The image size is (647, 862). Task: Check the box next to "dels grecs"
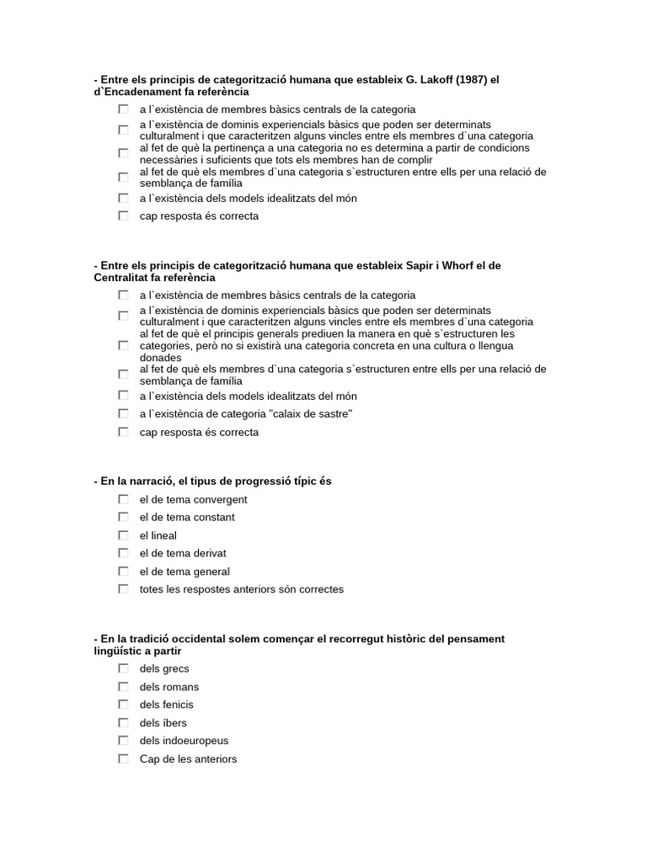pyautogui.click(x=123, y=668)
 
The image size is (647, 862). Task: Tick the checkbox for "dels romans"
pyautogui.click(x=123, y=687)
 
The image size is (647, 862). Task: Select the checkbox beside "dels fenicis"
pyautogui.click(x=123, y=705)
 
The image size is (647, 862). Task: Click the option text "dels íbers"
pyautogui.click(x=163, y=723)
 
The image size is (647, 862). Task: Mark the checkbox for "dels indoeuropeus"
pyautogui.click(x=123, y=741)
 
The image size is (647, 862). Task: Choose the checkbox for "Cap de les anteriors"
pyautogui.click(x=123, y=759)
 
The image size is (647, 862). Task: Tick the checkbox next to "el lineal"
pyautogui.click(x=123, y=535)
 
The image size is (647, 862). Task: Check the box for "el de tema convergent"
pyautogui.click(x=123, y=499)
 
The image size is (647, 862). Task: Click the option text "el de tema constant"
pyautogui.click(x=187, y=518)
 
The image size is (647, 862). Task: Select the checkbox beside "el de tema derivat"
pyautogui.click(x=123, y=553)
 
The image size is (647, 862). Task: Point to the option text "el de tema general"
pyautogui.click(x=184, y=572)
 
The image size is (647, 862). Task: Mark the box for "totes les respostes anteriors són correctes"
pyautogui.click(x=123, y=589)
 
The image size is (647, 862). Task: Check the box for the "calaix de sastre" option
pyautogui.click(x=123, y=414)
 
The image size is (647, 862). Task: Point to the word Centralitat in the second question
pyautogui.click(x=122, y=278)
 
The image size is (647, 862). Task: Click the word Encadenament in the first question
pyautogui.click(x=144, y=92)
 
